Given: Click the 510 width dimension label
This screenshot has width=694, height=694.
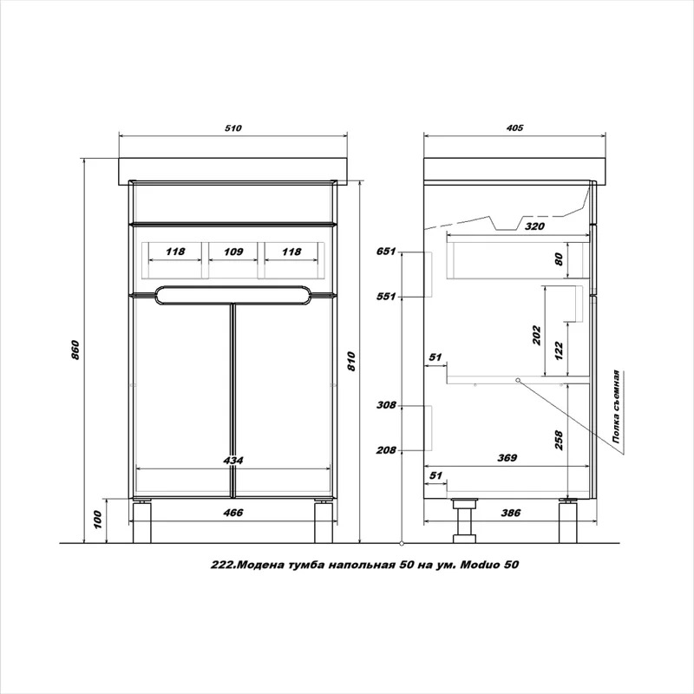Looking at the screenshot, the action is pyautogui.click(x=233, y=128).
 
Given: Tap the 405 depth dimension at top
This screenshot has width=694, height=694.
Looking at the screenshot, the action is pyautogui.click(x=514, y=128).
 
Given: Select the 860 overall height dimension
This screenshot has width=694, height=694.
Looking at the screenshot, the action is pyautogui.click(x=75, y=350).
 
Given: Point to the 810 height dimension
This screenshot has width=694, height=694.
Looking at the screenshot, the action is pyautogui.click(x=351, y=361).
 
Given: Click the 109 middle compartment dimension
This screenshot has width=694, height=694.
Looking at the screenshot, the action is pyautogui.click(x=232, y=252).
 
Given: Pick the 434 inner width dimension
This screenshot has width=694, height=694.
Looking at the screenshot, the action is pyautogui.click(x=233, y=461).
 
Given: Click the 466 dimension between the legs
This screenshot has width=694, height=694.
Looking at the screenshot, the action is pyautogui.click(x=233, y=513).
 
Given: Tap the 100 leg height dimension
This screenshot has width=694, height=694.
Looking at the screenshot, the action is pyautogui.click(x=98, y=520).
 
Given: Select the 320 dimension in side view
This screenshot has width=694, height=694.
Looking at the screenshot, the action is pyautogui.click(x=534, y=226).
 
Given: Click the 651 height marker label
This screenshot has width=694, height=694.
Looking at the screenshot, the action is pyautogui.click(x=386, y=252).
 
